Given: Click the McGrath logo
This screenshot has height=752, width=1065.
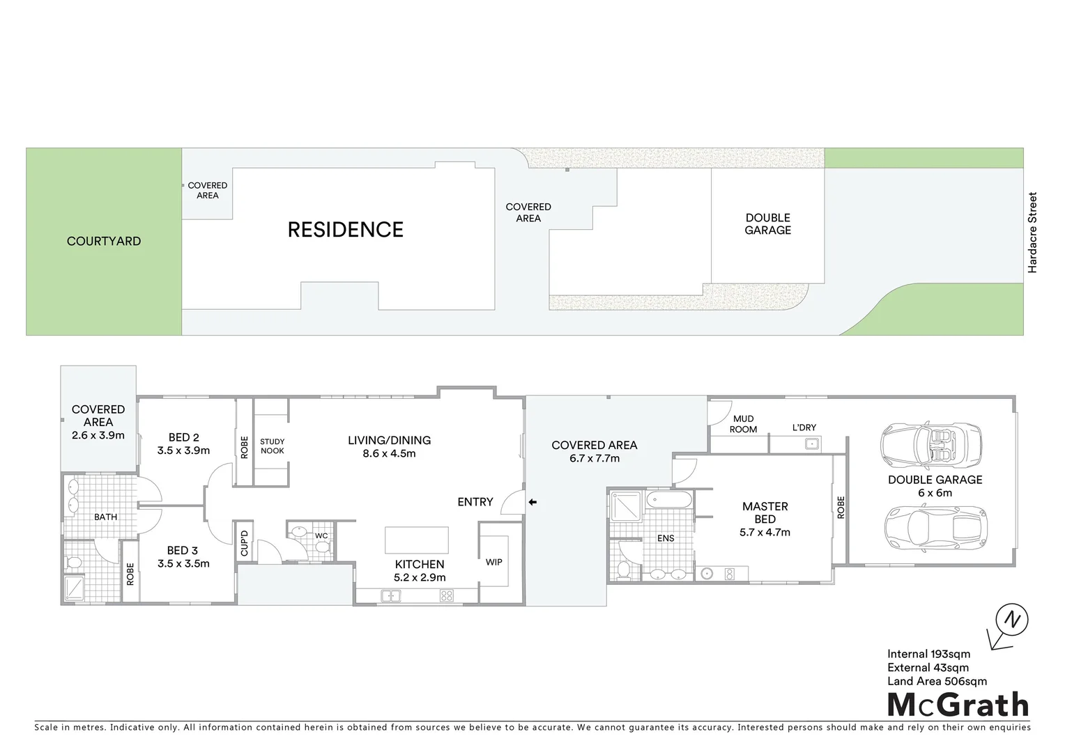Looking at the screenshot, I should (958, 705).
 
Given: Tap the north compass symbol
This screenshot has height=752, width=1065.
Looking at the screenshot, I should (1011, 619).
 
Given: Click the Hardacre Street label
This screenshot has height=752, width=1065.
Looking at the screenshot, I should (1032, 233).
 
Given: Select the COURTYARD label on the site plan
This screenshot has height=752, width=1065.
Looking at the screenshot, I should (104, 242).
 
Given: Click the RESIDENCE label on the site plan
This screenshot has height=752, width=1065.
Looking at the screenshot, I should (345, 230).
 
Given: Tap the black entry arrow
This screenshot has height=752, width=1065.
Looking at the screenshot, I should (532, 502).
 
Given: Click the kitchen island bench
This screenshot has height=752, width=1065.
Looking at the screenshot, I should (416, 540).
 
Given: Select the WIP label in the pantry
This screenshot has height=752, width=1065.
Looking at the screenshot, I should (493, 562).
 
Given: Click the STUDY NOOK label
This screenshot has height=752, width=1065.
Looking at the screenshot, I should (272, 446).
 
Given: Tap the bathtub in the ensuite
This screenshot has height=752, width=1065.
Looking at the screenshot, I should (668, 500).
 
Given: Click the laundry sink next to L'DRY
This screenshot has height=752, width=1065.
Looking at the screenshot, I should (811, 444).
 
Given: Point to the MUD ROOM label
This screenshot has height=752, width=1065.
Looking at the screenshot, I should (743, 424).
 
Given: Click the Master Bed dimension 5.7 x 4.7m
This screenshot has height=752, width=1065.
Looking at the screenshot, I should (765, 533).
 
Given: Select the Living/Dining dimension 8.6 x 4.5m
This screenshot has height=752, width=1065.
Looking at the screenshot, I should (389, 453).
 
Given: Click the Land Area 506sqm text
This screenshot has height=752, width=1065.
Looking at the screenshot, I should (937, 681).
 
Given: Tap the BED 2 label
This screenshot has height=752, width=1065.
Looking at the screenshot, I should (183, 437).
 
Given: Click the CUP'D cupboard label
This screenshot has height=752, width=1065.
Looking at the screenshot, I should (244, 543).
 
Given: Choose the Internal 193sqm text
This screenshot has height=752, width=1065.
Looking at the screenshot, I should (928, 654).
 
